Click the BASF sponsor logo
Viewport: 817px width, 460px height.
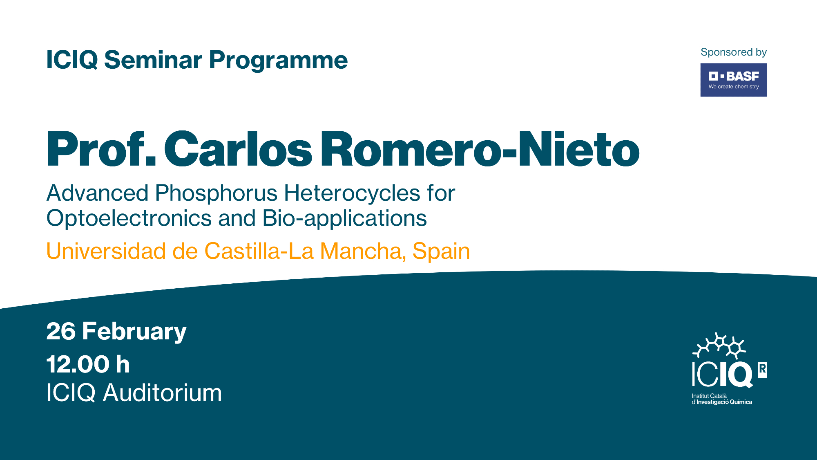point(734,80)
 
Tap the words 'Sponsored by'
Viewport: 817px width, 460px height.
point(734,52)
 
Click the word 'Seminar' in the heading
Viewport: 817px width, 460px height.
point(153,60)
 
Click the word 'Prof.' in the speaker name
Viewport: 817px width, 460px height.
point(101,149)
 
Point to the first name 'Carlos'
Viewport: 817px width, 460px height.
point(238,149)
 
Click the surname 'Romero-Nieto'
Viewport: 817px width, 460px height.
point(480,149)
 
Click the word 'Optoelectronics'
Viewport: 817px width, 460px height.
point(129,218)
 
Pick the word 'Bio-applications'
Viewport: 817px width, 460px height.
point(344,218)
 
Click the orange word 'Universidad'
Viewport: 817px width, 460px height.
point(106,251)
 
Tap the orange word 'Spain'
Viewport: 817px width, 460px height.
point(441,251)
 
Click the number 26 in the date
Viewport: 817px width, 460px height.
point(61,331)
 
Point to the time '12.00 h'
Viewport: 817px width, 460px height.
point(88,364)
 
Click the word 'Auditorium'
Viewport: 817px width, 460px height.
point(162,393)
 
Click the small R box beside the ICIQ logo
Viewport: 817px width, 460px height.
point(763,370)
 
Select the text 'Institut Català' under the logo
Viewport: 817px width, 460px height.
point(709,396)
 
